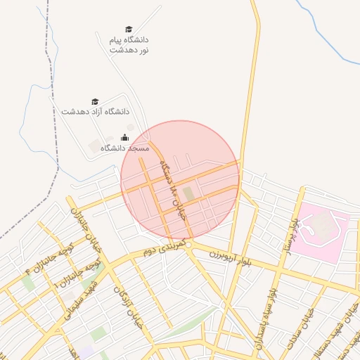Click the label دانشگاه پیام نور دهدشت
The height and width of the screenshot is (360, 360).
(x=129, y=45)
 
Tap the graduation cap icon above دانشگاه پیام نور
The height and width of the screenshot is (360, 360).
(x=129, y=29)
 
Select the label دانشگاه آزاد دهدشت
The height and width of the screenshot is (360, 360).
(x=96, y=112)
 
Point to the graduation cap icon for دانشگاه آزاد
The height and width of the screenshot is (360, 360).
(x=96, y=102)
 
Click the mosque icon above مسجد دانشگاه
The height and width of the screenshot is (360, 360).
(x=125, y=137)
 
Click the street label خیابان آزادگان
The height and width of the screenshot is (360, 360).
(x=127, y=300)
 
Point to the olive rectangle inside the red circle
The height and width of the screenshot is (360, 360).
(x=188, y=193)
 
